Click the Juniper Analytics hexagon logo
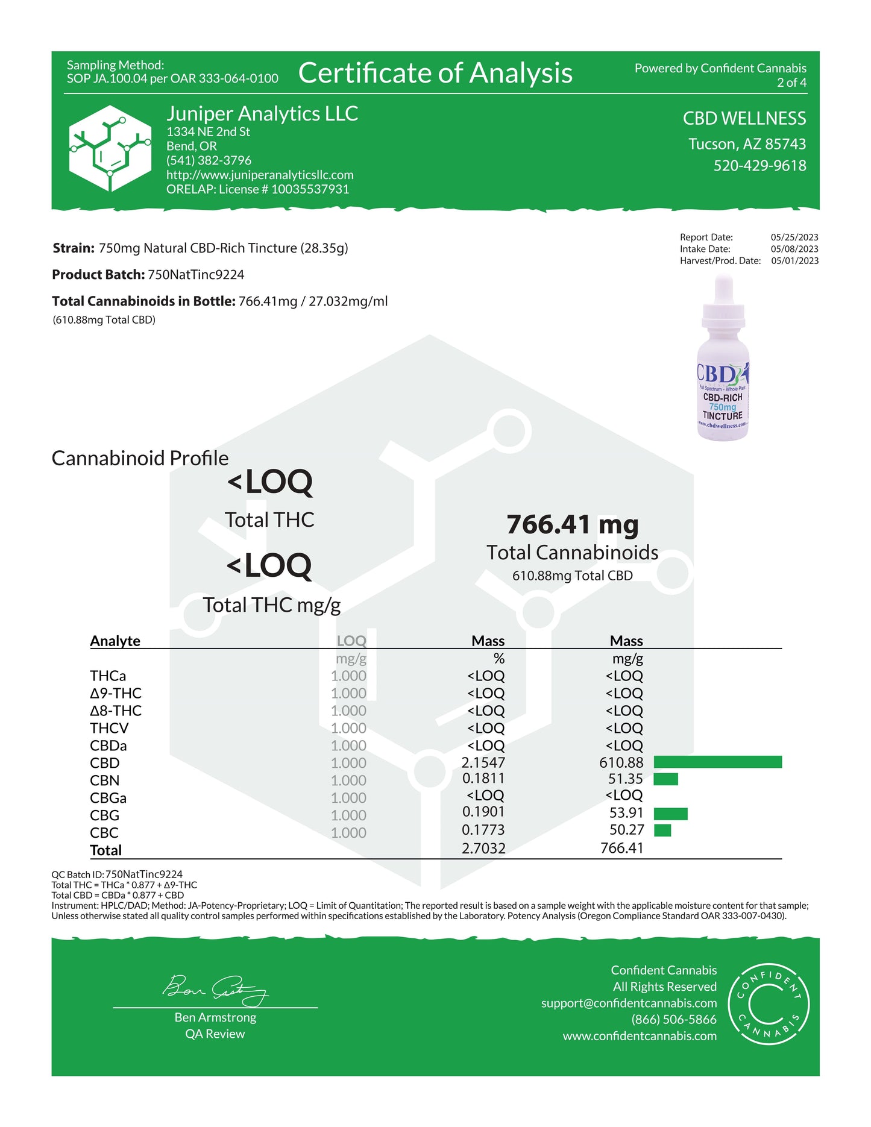tap(110, 148)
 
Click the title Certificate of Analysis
tap(435, 73)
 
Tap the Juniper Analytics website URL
tap(260, 175)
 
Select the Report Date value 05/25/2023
tap(794, 237)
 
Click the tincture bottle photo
tap(723, 359)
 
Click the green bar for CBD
tap(717, 762)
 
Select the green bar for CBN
tap(665, 779)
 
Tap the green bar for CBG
tap(670, 814)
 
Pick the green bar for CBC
tap(662, 830)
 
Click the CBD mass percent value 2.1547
tap(483, 762)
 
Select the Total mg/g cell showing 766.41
tap(621, 848)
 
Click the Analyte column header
tap(115, 641)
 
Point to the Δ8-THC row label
tap(116, 711)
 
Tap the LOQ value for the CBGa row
tap(348, 797)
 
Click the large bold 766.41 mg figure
tap(572, 524)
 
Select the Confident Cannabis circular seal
tap(769, 1003)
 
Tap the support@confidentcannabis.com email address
tap(629, 1003)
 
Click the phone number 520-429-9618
tap(759, 166)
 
